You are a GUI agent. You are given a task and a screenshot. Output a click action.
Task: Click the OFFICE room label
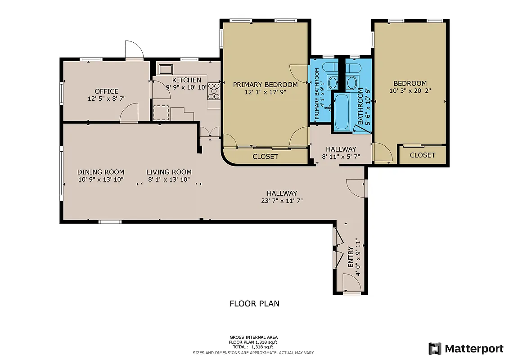[x=106, y=91]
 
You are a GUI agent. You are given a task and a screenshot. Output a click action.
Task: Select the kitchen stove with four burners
[x=213, y=91]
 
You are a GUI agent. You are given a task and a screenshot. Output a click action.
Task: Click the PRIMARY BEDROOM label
[x=265, y=85]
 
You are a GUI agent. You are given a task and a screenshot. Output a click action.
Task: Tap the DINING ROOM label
[x=101, y=172]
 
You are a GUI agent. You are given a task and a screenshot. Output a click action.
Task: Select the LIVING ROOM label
[x=169, y=172]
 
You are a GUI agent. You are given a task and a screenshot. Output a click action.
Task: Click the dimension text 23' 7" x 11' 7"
[x=282, y=201]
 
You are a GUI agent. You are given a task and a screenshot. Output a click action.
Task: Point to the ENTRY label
[x=351, y=257]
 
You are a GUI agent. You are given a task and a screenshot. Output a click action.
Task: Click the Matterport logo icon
[x=435, y=348]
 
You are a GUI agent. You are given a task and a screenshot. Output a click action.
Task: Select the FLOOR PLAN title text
[x=254, y=304]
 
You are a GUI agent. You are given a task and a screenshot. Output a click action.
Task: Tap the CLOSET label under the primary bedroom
[x=265, y=157]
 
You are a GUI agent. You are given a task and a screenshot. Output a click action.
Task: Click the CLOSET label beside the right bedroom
[x=423, y=155]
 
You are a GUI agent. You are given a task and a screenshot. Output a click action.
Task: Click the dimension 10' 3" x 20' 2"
[x=410, y=90]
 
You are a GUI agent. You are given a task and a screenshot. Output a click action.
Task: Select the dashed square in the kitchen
[x=161, y=112]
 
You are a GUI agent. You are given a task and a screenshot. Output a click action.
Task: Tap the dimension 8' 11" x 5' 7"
[x=341, y=157]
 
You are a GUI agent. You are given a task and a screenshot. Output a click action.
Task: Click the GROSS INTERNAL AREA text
[x=254, y=337]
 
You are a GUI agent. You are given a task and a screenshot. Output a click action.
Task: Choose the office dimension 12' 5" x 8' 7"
[x=106, y=98]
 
